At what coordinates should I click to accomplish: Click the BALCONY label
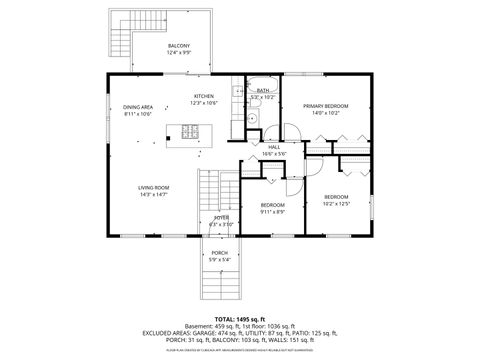pyautogui.click(x=179, y=45)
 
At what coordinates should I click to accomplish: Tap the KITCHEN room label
pyautogui.click(x=203, y=96)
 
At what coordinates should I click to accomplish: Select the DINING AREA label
pyautogui.click(x=138, y=107)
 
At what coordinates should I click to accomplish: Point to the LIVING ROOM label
pyautogui.click(x=153, y=187)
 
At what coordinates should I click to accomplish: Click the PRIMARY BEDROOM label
pyautogui.click(x=327, y=105)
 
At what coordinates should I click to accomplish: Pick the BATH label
pyautogui.click(x=263, y=91)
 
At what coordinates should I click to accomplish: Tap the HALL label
pyautogui.click(x=273, y=147)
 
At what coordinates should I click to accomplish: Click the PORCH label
pyautogui.click(x=219, y=253)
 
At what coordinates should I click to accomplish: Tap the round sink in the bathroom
pyautogui.click(x=253, y=117)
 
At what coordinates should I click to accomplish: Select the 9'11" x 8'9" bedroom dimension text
pyautogui.click(x=273, y=211)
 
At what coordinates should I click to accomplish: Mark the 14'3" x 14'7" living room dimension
pyautogui.click(x=153, y=194)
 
